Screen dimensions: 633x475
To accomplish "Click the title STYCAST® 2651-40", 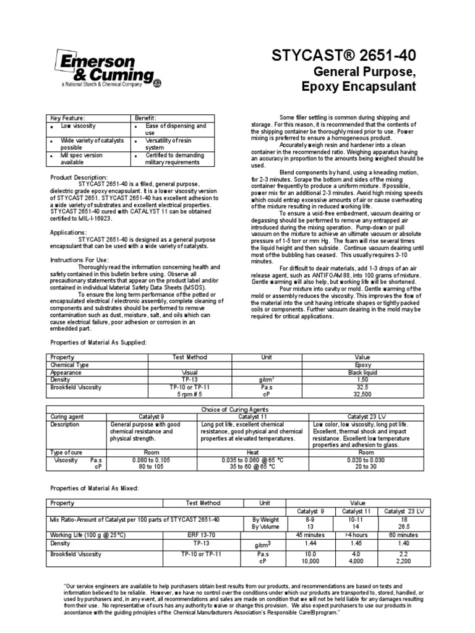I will pyautogui.click(x=344, y=57).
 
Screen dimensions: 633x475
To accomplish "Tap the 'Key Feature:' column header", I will pyautogui.click(x=68, y=117).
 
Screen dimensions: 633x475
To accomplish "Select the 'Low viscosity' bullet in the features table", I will pyautogui.click(x=75, y=125).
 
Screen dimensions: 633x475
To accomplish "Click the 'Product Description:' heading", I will pyautogui.click(x=79, y=177).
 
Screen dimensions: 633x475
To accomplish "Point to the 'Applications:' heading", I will pyautogui.click(x=68, y=232).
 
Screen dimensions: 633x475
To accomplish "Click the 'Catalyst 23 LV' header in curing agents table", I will pyautogui.click(x=369, y=417).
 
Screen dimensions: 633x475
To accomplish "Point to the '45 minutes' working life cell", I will pyautogui.click(x=307, y=534).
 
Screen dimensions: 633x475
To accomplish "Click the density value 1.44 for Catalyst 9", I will pyautogui.click(x=307, y=542).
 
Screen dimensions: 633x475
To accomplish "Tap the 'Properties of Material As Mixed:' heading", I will pyautogui.click(x=95, y=489).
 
